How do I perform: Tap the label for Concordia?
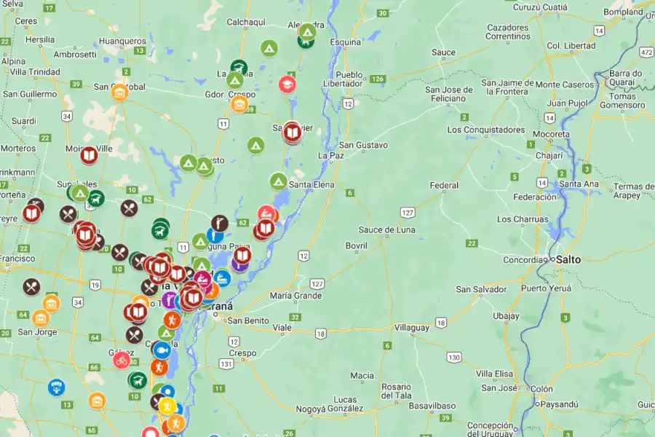[x=523, y=260]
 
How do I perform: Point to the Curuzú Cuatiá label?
[x=539, y=7]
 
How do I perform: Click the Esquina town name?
[x=346, y=42]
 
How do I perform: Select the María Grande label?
[x=295, y=296]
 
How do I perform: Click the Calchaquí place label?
[x=247, y=22]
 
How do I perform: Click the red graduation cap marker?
[x=287, y=84]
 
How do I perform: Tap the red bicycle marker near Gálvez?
[x=122, y=360]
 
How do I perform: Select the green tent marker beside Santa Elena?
[x=278, y=181]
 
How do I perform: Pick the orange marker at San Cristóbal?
[x=119, y=92]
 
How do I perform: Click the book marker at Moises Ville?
[x=89, y=155]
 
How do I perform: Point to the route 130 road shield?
[x=454, y=357]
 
